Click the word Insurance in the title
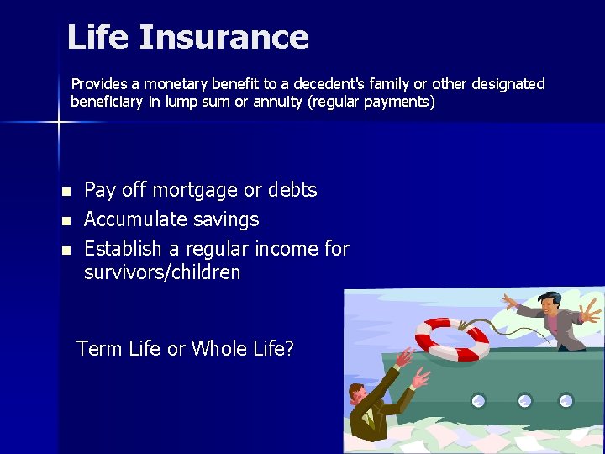[x=224, y=37]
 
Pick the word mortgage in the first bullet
[x=195, y=190]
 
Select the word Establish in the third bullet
[x=123, y=249]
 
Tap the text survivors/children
[x=162, y=272]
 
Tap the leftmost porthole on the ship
[x=478, y=400]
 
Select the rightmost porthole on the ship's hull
[x=566, y=400]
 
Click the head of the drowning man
[x=356, y=393]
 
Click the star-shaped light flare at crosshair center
[x=59, y=123]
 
